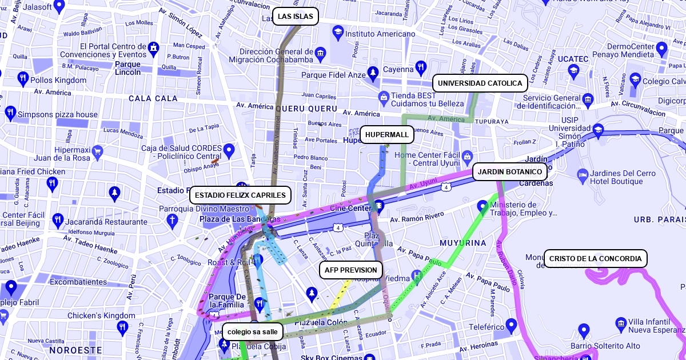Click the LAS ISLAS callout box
(295, 17)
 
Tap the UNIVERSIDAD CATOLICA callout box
(480, 83)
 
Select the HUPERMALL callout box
(387, 135)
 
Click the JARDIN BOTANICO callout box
(509, 171)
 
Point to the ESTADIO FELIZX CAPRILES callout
(240, 195)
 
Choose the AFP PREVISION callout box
(350, 270)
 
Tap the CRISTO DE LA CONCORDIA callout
(595, 259)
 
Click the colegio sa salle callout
(252, 331)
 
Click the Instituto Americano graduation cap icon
(338, 33)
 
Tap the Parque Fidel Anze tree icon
(373, 73)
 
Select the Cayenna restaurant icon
(421, 67)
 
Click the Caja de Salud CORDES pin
(229, 151)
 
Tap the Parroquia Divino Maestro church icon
(171, 221)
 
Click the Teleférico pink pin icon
(511, 325)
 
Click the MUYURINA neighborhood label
(462, 243)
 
